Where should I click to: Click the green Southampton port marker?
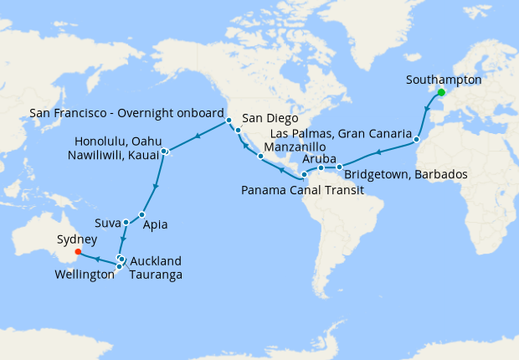(441, 93)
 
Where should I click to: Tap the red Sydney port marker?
(78, 250)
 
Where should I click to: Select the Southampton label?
(443, 80)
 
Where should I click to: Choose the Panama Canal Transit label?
(302, 191)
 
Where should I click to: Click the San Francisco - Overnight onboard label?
(126, 111)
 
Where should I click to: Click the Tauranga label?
(157, 274)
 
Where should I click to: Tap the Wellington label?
(84, 274)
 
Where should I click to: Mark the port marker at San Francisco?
(229, 121)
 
